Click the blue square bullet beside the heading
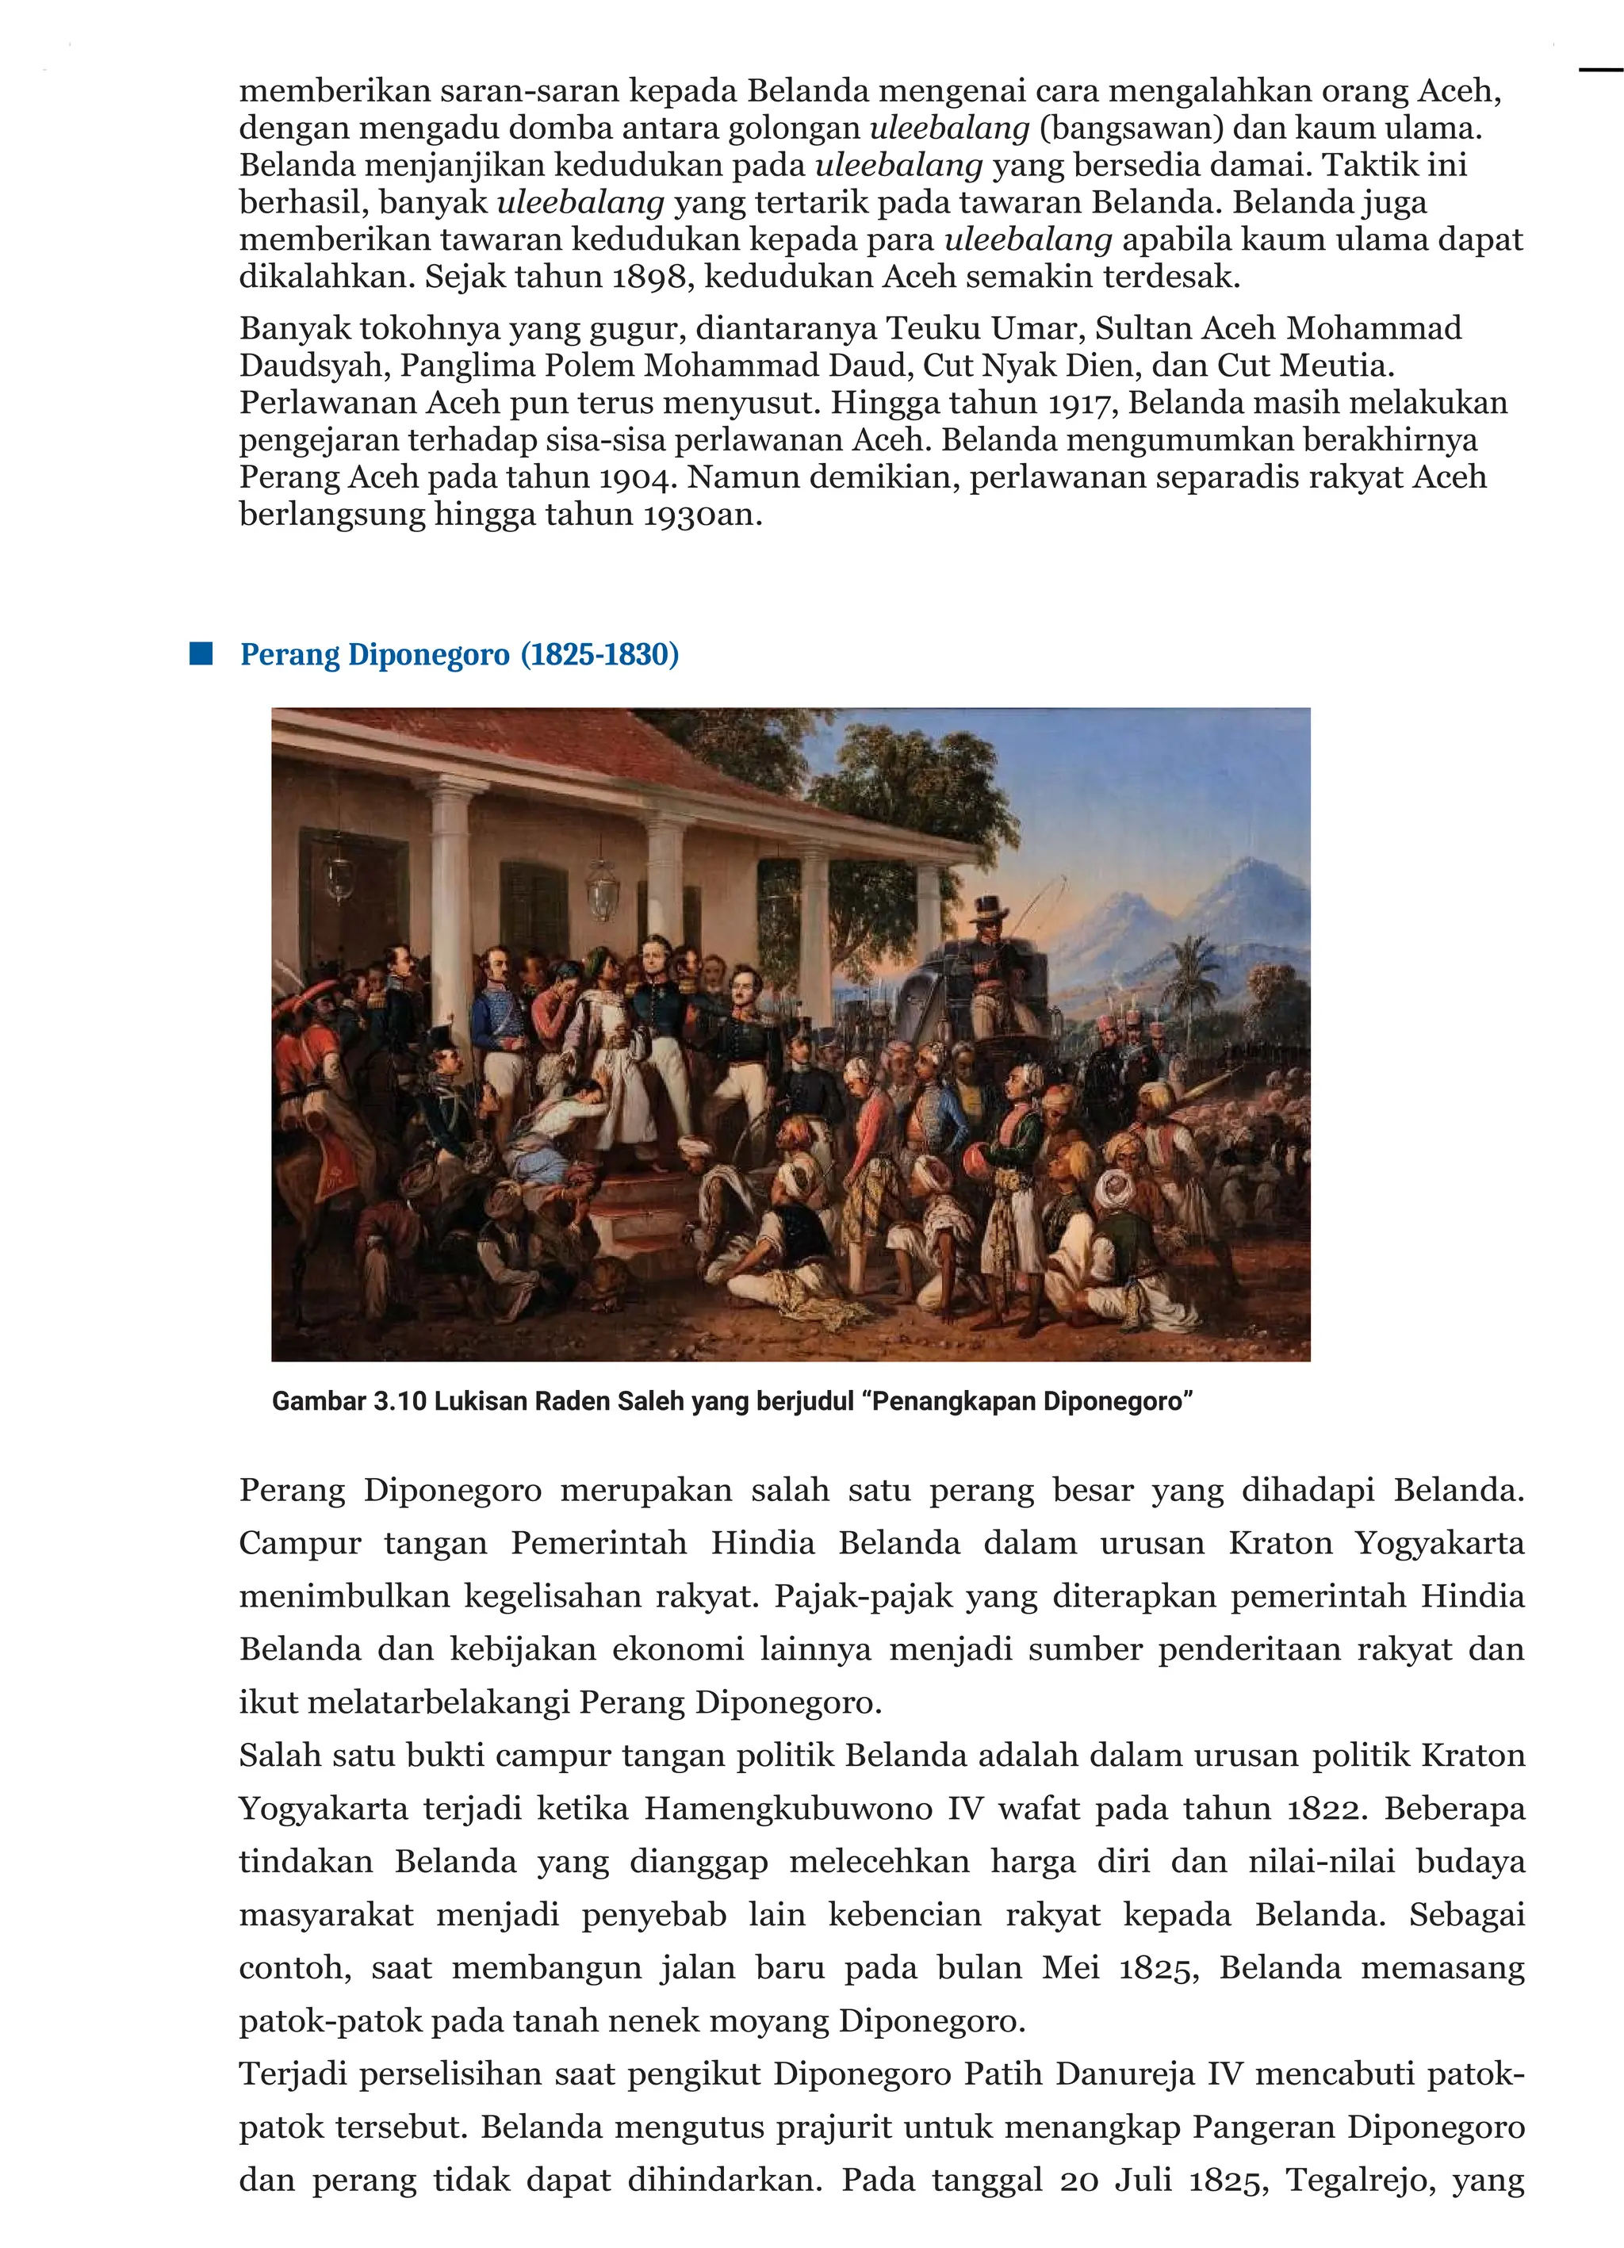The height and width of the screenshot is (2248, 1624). tap(201, 653)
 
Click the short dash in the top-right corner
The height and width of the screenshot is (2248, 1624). tap(1600, 71)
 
